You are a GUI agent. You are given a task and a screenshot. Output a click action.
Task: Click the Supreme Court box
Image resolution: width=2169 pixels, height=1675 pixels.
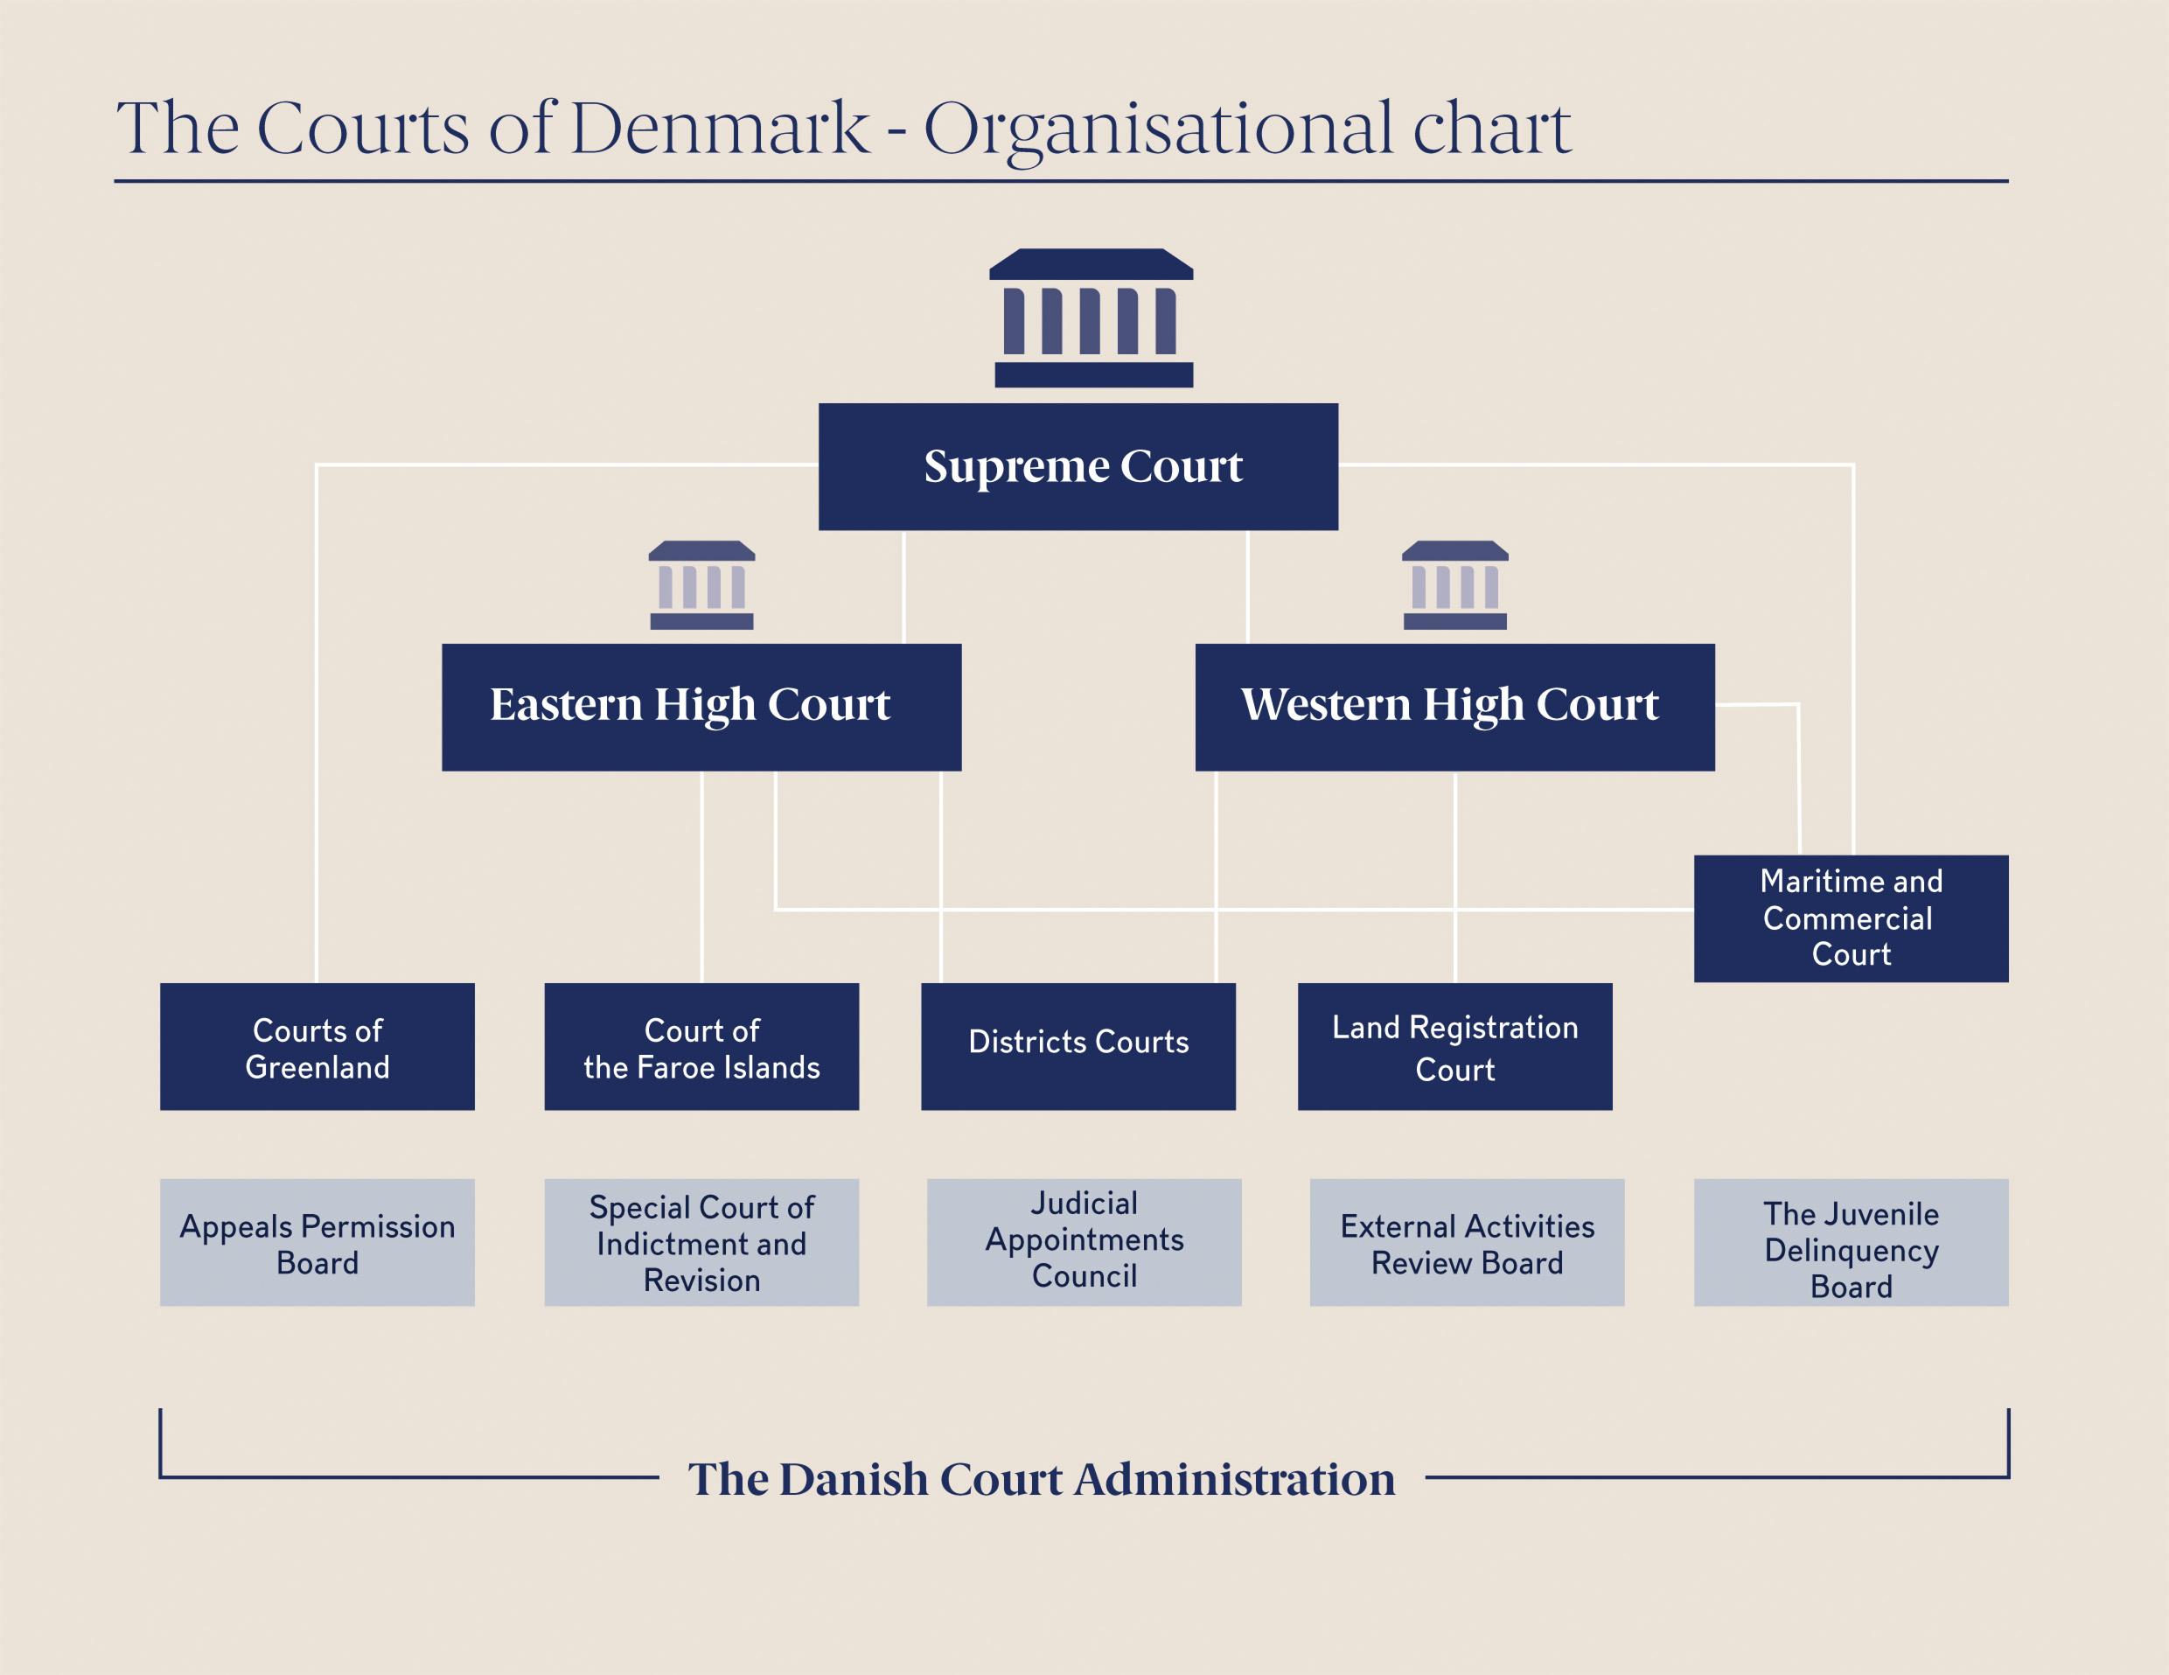[1078, 466]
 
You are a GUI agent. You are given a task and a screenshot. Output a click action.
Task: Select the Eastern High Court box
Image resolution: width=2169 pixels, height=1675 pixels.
[701, 707]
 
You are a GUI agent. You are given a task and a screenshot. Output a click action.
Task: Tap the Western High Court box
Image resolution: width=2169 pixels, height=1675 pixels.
[1454, 707]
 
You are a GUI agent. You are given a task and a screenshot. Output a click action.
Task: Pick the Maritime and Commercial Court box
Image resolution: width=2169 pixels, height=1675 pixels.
[1850, 918]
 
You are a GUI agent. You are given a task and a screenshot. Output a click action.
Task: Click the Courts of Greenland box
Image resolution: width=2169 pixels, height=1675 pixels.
[317, 1046]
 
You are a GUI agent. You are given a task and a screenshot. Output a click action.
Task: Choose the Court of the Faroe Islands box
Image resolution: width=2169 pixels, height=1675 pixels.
[701, 1046]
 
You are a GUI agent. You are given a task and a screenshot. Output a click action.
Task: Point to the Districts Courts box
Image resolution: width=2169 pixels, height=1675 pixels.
[1078, 1046]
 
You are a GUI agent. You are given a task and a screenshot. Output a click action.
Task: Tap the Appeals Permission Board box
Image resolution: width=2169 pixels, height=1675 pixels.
[317, 1242]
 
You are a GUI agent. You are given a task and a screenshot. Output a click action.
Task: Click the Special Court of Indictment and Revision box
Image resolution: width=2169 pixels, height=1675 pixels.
[701, 1242]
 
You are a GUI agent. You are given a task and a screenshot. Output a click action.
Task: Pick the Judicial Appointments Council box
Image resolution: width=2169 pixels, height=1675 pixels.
[1084, 1242]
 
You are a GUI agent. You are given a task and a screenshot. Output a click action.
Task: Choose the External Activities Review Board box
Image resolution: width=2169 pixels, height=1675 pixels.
[1466, 1242]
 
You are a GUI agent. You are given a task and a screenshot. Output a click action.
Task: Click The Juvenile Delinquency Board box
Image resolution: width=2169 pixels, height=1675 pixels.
[1850, 1242]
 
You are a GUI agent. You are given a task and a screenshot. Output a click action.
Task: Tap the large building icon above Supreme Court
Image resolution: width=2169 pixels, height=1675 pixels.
[1091, 318]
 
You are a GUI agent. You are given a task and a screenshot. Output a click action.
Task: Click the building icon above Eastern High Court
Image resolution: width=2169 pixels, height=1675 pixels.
[701, 585]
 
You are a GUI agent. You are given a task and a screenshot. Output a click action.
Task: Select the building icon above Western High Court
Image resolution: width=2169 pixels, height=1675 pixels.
[1454, 585]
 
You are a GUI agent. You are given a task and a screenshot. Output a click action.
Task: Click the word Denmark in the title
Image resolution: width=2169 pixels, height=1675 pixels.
[719, 129]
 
